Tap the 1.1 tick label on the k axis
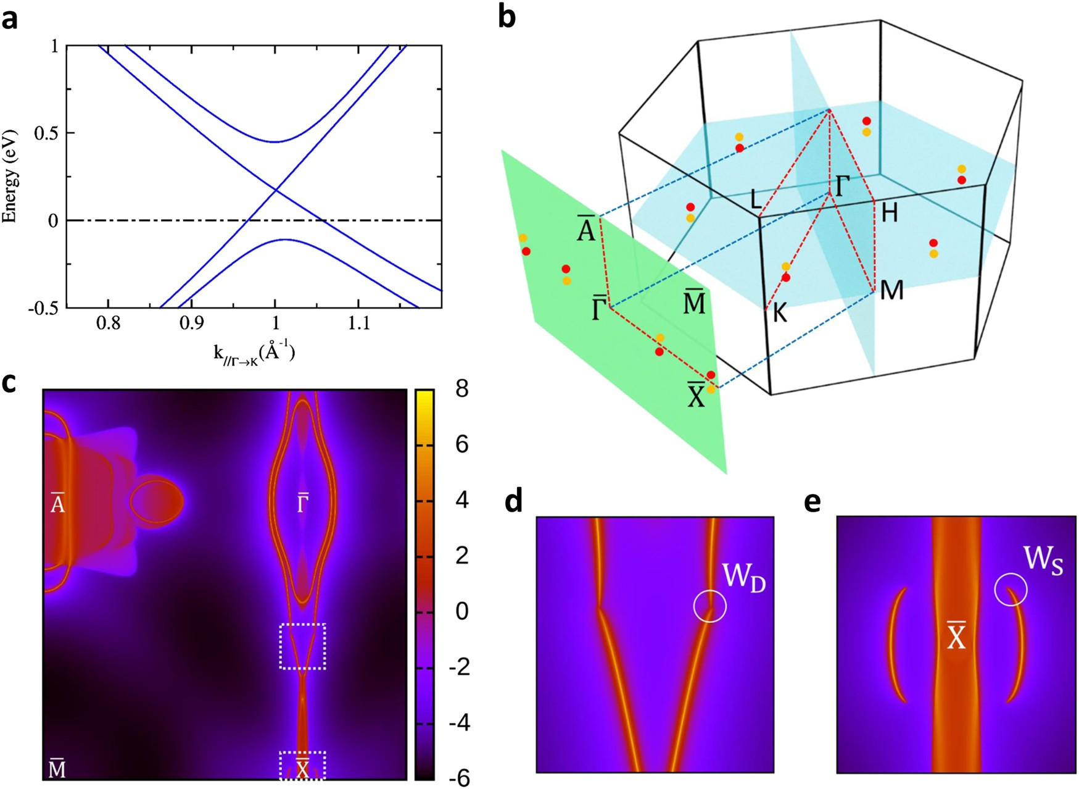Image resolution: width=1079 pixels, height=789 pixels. pyautogui.click(x=359, y=324)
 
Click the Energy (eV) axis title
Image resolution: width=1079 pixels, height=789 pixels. pyautogui.click(x=10, y=176)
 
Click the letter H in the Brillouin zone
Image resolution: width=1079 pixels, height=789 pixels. pyautogui.click(x=890, y=213)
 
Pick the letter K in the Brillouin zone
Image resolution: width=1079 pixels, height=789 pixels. pyautogui.click(x=780, y=314)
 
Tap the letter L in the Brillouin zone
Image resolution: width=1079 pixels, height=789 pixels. pyautogui.click(x=756, y=199)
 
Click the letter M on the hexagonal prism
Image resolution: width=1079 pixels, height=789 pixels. pyautogui.click(x=892, y=290)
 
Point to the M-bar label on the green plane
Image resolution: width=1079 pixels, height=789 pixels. pyautogui.click(x=694, y=302)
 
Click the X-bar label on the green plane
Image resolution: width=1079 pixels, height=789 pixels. pyautogui.click(x=696, y=395)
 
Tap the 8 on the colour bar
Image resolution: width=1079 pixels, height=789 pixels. pyautogui.click(x=461, y=389)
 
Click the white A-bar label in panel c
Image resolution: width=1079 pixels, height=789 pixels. pyautogui.click(x=57, y=503)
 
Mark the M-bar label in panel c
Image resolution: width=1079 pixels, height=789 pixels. pyautogui.click(x=57, y=769)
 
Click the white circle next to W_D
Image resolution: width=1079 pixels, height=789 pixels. pyautogui.click(x=709, y=606)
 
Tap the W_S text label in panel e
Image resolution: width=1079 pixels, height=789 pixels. pyautogui.click(x=1043, y=561)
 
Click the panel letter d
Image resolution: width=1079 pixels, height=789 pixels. pyautogui.click(x=513, y=503)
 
